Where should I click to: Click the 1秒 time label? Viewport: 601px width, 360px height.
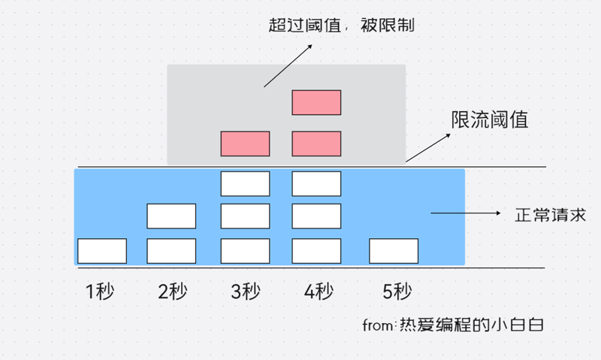[x=100, y=292]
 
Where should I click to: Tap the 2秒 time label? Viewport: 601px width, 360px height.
[x=173, y=292]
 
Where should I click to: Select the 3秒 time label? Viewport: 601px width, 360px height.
[x=246, y=292]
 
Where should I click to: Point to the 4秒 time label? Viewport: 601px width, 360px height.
[x=319, y=292]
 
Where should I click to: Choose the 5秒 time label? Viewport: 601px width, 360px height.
[x=397, y=292]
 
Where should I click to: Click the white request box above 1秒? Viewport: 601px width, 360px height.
[x=102, y=251]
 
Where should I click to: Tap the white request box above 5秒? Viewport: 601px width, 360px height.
[x=394, y=251]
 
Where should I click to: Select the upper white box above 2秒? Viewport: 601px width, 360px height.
[x=171, y=216]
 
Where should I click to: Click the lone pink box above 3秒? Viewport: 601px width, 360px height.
[x=246, y=144]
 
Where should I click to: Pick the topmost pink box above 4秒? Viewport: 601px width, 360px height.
[x=316, y=102]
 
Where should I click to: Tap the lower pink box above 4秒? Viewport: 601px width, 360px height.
[x=316, y=144]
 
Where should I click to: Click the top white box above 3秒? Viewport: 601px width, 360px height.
[x=246, y=183]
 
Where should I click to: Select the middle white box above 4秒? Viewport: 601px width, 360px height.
[x=316, y=216]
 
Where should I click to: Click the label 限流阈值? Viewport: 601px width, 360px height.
[x=490, y=119]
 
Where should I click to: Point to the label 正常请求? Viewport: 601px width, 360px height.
[x=551, y=215]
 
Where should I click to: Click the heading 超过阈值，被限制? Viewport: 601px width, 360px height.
[x=341, y=26]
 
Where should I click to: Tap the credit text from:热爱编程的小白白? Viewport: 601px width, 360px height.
[x=453, y=325]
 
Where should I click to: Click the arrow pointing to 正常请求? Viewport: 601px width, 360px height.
[x=466, y=213]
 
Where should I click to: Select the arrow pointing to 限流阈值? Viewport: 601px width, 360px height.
[x=428, y=147]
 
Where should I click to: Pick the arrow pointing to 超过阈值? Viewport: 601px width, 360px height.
[x=288, y=65]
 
